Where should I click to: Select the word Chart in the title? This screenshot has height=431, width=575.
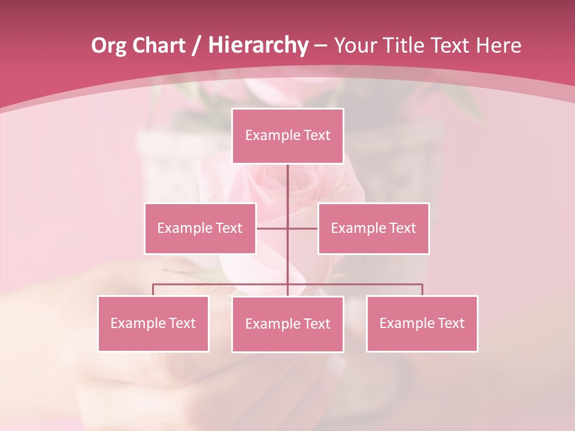(159, 45)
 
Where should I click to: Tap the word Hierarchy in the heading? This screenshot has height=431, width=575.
(258, 45)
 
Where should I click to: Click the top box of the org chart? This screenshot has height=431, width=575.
(287, 136)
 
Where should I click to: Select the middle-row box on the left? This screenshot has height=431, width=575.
(200, 228)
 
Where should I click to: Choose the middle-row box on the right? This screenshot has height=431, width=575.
(373, 228)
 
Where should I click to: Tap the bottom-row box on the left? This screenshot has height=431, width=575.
(153, 323)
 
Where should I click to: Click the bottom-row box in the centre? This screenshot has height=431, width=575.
(287, 324)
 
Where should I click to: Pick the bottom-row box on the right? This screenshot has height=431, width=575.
(422, 323)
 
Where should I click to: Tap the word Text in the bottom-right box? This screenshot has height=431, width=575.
(450, 323)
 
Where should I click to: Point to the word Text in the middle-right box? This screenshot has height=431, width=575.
(402, 228)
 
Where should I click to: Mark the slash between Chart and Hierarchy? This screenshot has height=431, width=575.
(197, 45)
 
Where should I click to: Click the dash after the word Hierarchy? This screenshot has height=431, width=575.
(321, 45)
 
